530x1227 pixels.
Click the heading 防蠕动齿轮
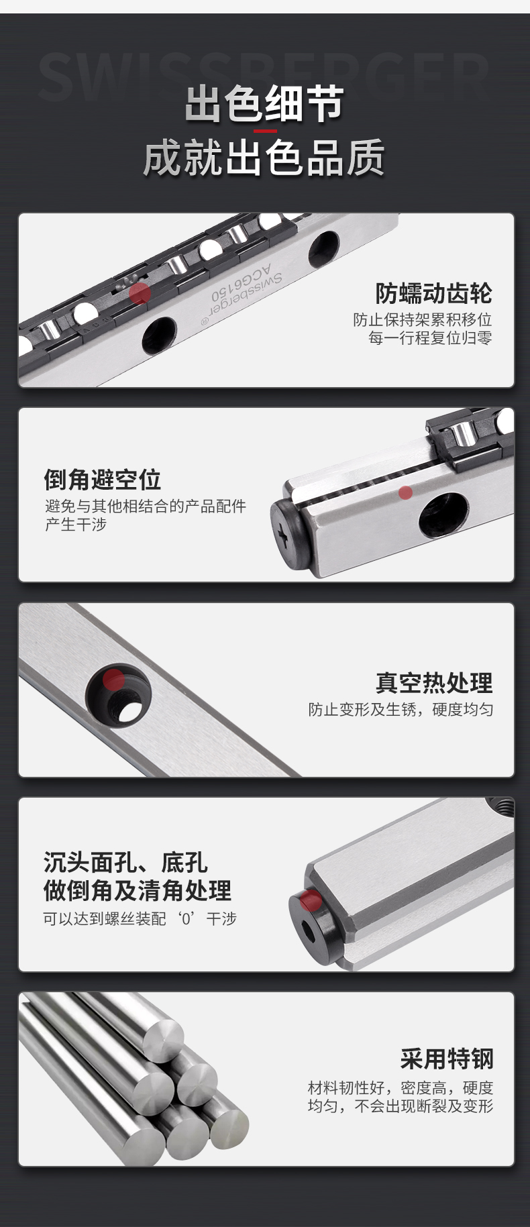click(x=434, y=293)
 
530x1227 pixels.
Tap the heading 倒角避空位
click(x=103, y=480)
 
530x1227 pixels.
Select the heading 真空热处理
click(x=434, y=683)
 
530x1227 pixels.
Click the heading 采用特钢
click(x=447, y=1059)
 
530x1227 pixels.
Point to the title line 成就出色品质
click(x=264, y=158)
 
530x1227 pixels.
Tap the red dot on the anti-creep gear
click(x=140, y=293)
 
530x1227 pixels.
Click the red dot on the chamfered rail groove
click(x=405, y=493)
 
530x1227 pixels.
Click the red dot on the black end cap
click(x=310, y=900)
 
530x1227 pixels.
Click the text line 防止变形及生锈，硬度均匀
click(x=401, y=710)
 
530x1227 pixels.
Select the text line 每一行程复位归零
click(x=430, y=338)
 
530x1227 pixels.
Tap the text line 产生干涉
click(x=76, y=525)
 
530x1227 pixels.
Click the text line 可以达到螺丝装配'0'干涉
click(x=140, y=918)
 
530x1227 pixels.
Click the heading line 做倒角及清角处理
click(x=138, y=891)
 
